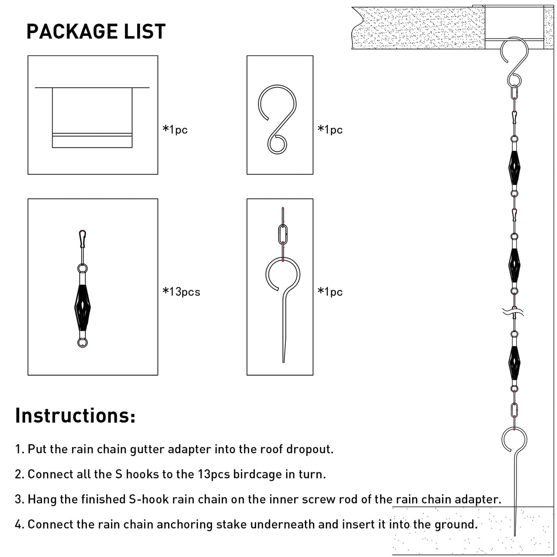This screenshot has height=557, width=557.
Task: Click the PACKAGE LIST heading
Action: (96, 32)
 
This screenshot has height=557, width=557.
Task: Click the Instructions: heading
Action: (75, 416)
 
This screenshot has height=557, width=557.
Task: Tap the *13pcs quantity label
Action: (181, 292)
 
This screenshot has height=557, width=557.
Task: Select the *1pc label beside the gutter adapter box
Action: (175, 130)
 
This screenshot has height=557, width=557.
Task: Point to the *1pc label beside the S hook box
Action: (330, 130)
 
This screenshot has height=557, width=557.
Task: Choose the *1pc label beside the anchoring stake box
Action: (330, 292)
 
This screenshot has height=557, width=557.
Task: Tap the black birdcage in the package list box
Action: (82, 306)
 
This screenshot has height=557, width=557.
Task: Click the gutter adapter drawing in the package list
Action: (92, 117)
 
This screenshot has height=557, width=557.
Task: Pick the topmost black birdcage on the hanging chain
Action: (514, 168)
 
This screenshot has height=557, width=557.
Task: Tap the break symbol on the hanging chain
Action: (514, 312)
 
